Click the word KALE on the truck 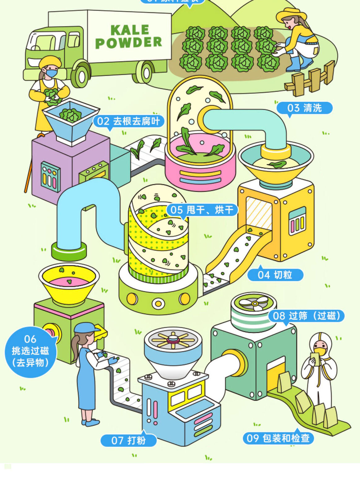[x=130, y=30]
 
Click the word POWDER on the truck [x=128, y=43]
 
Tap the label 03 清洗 [x=304, y=108]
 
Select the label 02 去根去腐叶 [x=128, y=121]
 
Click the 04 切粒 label [x=275, y=275]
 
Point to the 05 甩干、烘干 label [x=202, y=210]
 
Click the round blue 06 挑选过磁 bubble [x=30, y=351]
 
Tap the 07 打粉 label [x=128, y=440]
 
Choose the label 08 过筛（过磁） [x=306, y=316]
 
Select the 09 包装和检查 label [x=278, y=438]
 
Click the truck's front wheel [x=81, y=75]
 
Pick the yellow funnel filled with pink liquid [x=69, y=283]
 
